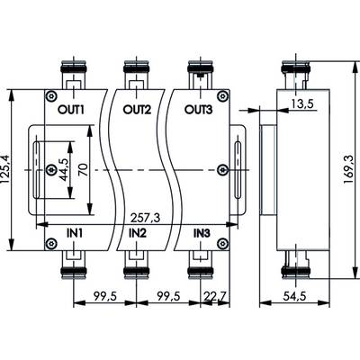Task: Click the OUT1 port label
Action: [x=71, y=110]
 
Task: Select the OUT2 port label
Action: [x=137, y=110]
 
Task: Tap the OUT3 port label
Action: [x=198, y=110]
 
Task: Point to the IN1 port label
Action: [x=74, y=233]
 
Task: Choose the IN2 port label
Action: [x=138, y=233]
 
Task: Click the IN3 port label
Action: [x=202, y=233]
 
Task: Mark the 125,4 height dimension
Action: [x=6, y=170]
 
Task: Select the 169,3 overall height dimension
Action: [x=349, y=170]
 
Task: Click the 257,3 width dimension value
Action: [x=145, y=218]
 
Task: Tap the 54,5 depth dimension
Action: [x=294, y=297]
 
